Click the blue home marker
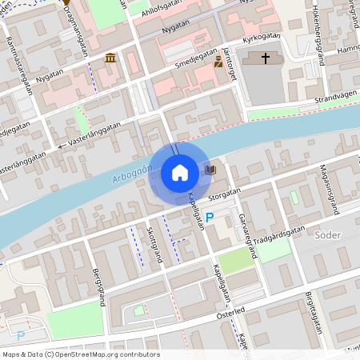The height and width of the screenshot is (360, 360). [x=179, y=172]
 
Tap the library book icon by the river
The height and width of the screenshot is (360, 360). [x=210, y=170]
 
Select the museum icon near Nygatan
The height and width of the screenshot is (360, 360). [x=110, y=58]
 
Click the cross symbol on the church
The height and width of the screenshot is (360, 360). [x=266, y=58]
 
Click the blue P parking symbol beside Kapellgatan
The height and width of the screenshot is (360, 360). [x=210, y=218]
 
